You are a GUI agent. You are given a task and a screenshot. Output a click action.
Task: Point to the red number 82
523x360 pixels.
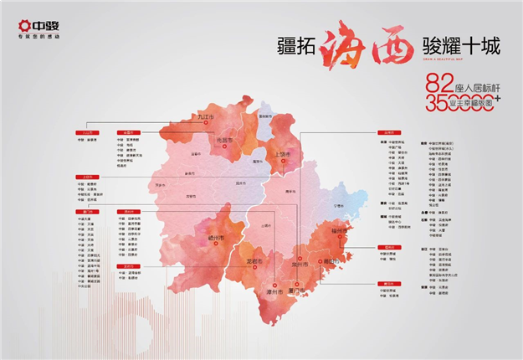440,84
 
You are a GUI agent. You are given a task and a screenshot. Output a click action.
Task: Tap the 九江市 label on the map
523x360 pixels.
206,121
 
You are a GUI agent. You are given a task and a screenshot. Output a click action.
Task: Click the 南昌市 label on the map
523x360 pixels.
224,141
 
